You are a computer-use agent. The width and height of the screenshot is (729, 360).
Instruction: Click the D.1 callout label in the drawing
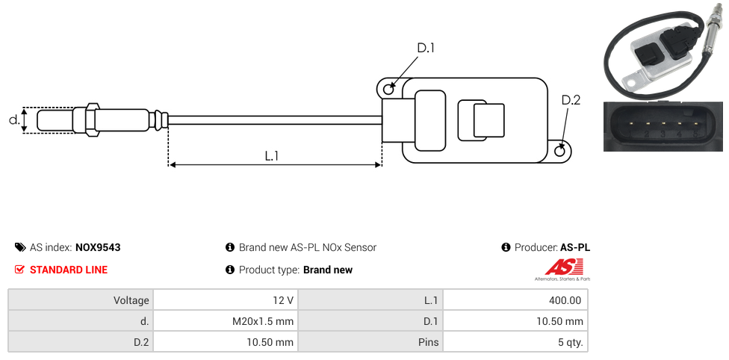[x=426, y=48]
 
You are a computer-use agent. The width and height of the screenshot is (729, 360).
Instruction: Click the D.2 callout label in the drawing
[x=571, y=100]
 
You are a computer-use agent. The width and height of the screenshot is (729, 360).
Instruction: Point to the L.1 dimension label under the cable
[x=272, y=156]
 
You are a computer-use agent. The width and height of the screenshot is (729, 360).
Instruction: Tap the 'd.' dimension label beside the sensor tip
[x=13, y=120]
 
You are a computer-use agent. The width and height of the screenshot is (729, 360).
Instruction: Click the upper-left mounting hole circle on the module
[x=388, y=90]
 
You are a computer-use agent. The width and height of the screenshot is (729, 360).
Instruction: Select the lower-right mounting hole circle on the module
[x=561, y=152]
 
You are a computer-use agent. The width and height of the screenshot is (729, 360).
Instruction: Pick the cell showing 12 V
[x=282, y=300]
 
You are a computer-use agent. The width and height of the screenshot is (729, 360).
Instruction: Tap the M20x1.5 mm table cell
[x=262, y=321]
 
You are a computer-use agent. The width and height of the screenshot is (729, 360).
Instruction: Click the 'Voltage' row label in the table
[x=131, y=300]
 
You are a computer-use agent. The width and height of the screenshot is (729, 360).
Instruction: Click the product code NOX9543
[x=98, y=247]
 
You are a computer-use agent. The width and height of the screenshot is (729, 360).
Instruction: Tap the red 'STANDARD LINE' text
[x=69, y=270]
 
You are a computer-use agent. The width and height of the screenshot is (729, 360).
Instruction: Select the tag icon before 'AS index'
[x=19, y=247]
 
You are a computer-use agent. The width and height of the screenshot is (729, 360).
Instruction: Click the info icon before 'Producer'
[x=506, y=247]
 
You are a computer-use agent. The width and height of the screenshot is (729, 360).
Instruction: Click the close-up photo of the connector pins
[x=663, y=126]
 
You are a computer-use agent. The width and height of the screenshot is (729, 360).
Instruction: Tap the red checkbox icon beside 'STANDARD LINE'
[x=19, y=270]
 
